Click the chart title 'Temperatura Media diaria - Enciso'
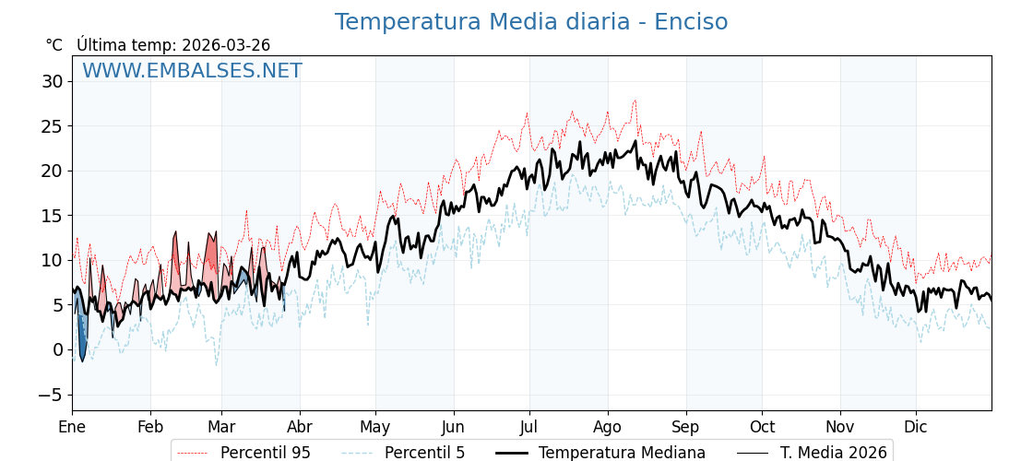point(530,22)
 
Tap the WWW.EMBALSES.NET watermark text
point(192,71)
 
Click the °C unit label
point(53,45)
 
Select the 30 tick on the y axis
point(52,81)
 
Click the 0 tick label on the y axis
point(57,349)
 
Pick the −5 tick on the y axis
point(52,395)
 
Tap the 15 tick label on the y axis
point(52,216)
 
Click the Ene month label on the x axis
point(72,427)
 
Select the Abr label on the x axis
point(299,427)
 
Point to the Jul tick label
point(529,427)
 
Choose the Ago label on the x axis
point(607,427)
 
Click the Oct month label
point(762,427)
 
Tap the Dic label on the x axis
point(916,427)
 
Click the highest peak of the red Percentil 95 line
point(635,100)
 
